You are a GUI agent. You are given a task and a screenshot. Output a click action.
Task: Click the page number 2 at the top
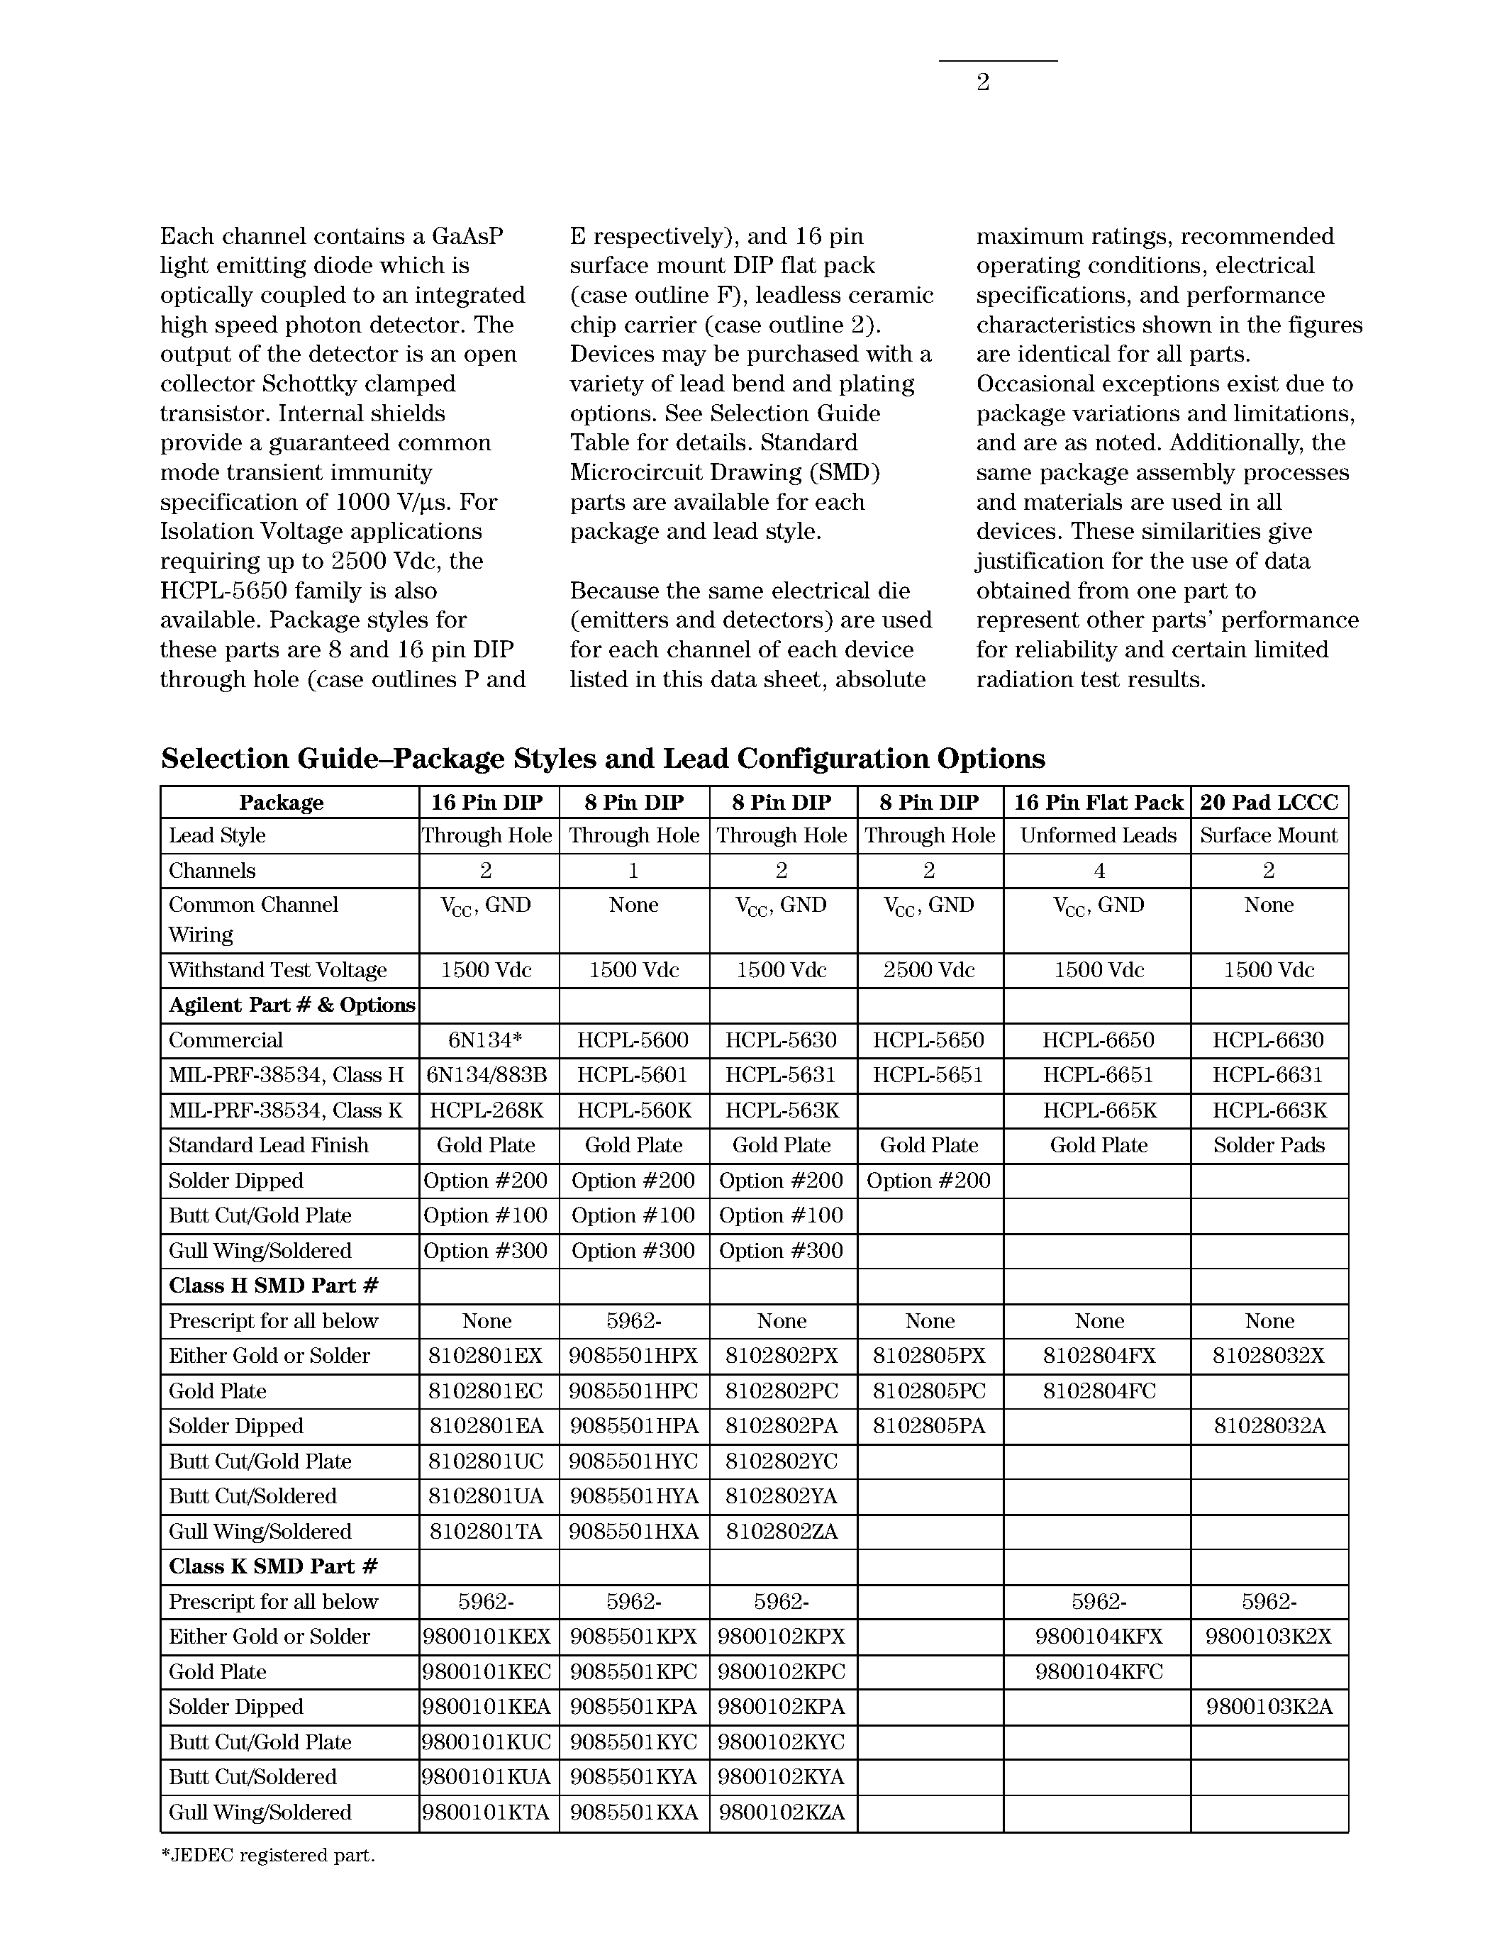[x=983, y=83]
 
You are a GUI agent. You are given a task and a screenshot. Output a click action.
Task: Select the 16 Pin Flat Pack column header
[x=1098, y=802]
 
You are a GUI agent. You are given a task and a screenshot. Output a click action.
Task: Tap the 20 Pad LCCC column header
[x=1269, y=802]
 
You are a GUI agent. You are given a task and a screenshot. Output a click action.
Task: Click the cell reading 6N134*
[x=486, y=1040]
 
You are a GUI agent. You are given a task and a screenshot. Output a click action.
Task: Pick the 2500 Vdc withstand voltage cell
[x=930, y=969]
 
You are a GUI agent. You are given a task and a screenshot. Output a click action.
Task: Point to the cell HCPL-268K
[x=486, y=1110]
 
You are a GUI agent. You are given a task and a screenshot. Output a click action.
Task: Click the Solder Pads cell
[x=1269, y=1145]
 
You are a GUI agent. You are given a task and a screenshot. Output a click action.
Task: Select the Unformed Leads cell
[x=1098, y=836]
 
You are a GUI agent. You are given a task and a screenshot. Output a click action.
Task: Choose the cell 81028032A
[x=1269, y=1426]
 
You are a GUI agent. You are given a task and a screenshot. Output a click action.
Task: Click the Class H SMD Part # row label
[x=274, y=1286]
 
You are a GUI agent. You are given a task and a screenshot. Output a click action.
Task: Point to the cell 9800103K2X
[x=1269, y=1637]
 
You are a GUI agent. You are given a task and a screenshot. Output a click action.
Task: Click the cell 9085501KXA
[x=634, y=1812]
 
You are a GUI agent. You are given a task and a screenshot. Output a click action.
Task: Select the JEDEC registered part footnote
[x=268, y=1856]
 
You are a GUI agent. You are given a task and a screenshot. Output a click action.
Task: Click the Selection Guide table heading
[x=603, y=759]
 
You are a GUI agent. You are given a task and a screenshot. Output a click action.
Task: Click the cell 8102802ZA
[x=782, y=1532]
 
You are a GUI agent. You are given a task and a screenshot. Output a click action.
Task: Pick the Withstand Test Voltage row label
[x=278, y=969]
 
